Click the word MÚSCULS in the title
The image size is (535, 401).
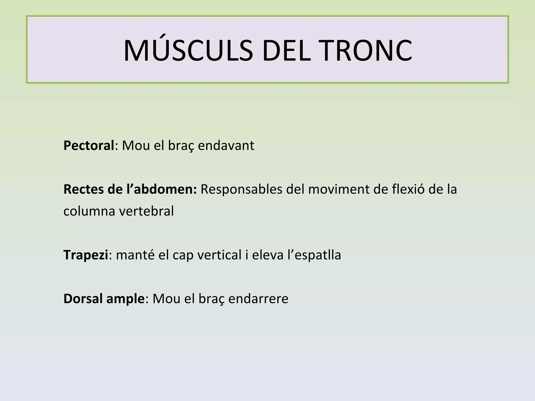pyautogui.click(x=188, y=51)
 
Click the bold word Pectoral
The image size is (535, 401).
pyautogui.click(x=89, y=146)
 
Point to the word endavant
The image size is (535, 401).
pyautogui.click(x=226, y=146)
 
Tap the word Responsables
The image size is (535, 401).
pyautogui.click(x=241, y=190)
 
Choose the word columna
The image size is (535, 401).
pyautogui.click(x=89, y=211)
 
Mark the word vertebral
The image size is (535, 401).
pyautogui.click(x=147, y=211)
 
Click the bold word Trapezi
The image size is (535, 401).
pyautogui.click(x=86, y=255)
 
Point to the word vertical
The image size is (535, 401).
pyautogui.click(x=219, y=255)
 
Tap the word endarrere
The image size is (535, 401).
pyautogui.click(x=258, y=299)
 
